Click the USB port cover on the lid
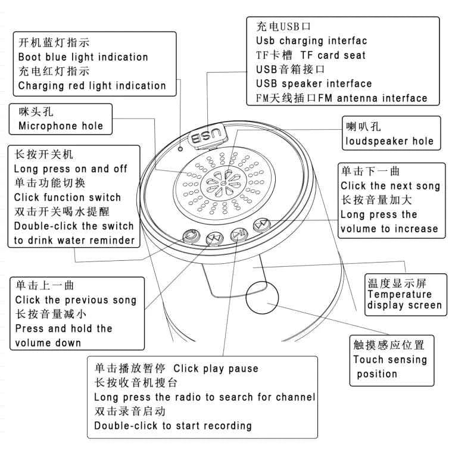(x=208, y=135)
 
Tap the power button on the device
(x=191, y=235)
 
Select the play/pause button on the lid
(x=239, y=233)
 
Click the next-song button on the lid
(x=262, y=225)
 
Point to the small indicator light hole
(x=180, y=149)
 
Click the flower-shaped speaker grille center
(x=224, y=183)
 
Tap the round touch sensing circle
(x=262, y=298)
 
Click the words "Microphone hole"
(x=61, y=126)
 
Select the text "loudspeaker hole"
(x=389, y=141)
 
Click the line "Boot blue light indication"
(x=83, y=57)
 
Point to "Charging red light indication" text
(x=92, y=86)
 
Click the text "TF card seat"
(x=333, y=55)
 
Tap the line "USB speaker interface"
(x=314, y=83)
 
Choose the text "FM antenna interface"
(x=373, y=98)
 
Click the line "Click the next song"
(x=390, y=186)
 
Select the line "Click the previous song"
(x=76, y=300)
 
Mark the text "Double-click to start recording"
(x=173, y=426)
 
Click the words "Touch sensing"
(x=390, y=360)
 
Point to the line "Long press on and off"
(x=71, y=169)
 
